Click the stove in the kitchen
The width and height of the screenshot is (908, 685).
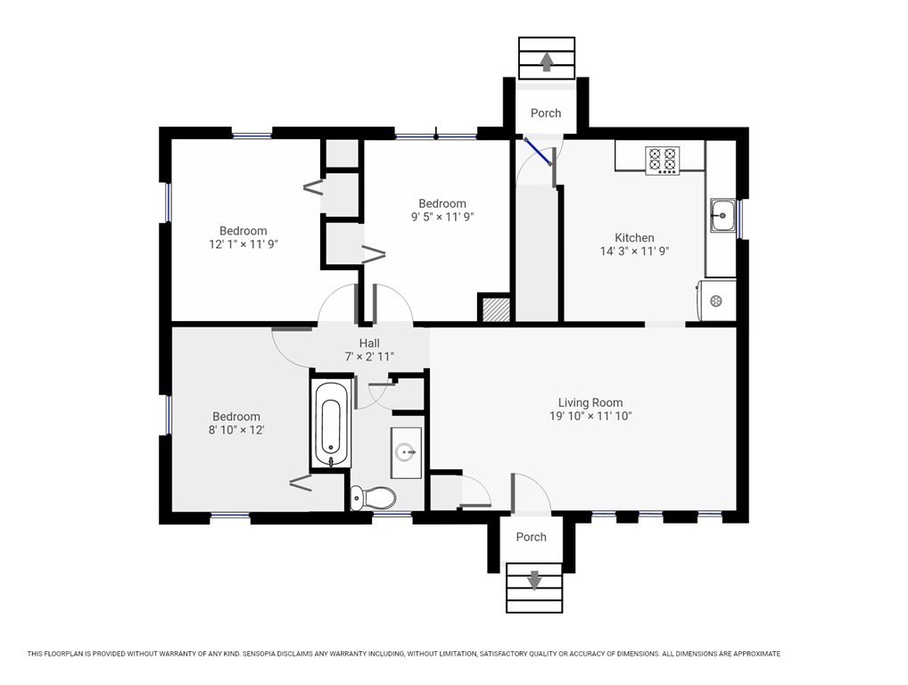[x=663, y=160]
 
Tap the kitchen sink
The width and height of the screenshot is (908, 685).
[x=722, y=216]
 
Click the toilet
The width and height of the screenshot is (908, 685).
[x=374, y=498]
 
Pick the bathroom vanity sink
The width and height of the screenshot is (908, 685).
[x=405, y=452]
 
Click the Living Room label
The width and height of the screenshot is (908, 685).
[x=590, y=402]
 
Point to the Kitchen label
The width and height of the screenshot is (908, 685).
[x=634, y=237]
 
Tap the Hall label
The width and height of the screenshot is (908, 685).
[x=369, y=343]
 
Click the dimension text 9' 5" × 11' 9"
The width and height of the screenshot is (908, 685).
[x=442, y=217]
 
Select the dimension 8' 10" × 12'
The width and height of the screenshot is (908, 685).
[x=236, y=430]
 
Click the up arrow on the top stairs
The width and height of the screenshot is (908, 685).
[x=546, y=62]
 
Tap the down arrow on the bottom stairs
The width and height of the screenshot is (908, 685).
[x=534, y=580]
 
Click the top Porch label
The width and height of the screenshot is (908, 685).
[x=546, y=113]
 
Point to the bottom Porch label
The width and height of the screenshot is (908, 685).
[x=531, y=537]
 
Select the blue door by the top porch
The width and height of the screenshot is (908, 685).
[x=537, y=151]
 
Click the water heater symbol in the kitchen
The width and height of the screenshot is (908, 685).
[x=716, y=301]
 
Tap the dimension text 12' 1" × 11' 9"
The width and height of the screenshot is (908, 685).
[x=244, y=244]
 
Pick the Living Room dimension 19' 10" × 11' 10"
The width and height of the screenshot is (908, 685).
[x=590, y=416]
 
